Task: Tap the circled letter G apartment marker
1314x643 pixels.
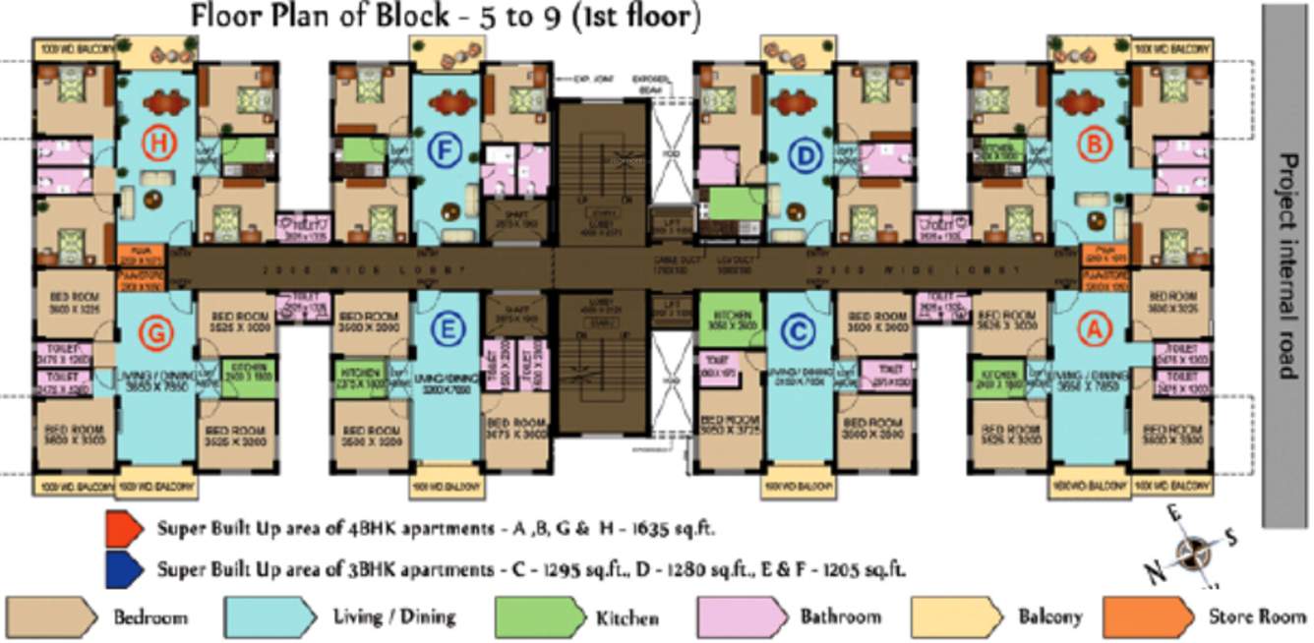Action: point(156,334)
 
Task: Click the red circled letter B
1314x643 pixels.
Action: point(1093,146)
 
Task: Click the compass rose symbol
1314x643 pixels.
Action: point(1194,552)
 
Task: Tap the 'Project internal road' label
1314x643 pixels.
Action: point(1286,265)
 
